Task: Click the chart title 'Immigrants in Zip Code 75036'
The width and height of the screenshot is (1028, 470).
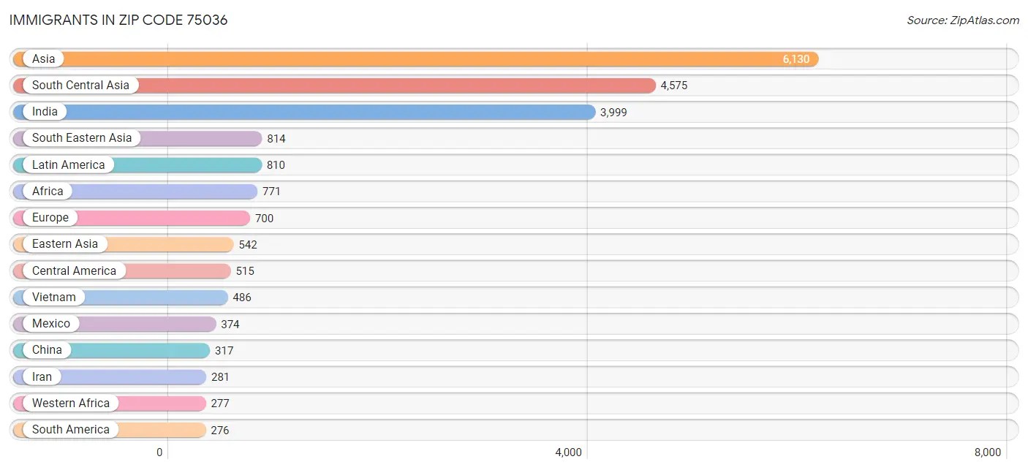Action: point(118,20)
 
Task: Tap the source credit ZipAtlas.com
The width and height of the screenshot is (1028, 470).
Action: point(963,20)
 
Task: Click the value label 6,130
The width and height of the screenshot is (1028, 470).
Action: point(796,59)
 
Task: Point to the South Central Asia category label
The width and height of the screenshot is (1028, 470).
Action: point(80,86)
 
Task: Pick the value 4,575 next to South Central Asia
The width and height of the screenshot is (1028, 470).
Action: point(674,86)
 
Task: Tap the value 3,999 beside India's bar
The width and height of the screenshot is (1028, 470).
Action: point(613,113)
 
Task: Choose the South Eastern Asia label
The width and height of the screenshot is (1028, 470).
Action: point(82,138)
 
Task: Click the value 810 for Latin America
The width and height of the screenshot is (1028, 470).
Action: point(276,165)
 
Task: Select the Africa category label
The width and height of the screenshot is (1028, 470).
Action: point(48,192)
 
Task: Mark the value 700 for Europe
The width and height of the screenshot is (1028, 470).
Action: point(264,218)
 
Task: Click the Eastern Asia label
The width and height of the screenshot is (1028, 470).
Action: point(65,244)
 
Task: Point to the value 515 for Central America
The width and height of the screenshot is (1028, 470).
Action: point(245,271)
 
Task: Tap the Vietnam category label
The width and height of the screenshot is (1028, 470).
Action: point(54,297)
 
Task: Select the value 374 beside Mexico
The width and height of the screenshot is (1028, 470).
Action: point(230,325)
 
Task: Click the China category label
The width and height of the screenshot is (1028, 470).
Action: point(47,350)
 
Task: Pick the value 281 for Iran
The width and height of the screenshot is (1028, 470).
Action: point(220,377)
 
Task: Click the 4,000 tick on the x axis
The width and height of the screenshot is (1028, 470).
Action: point(568,452)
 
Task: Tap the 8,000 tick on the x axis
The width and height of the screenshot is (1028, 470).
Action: point(987,452)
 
